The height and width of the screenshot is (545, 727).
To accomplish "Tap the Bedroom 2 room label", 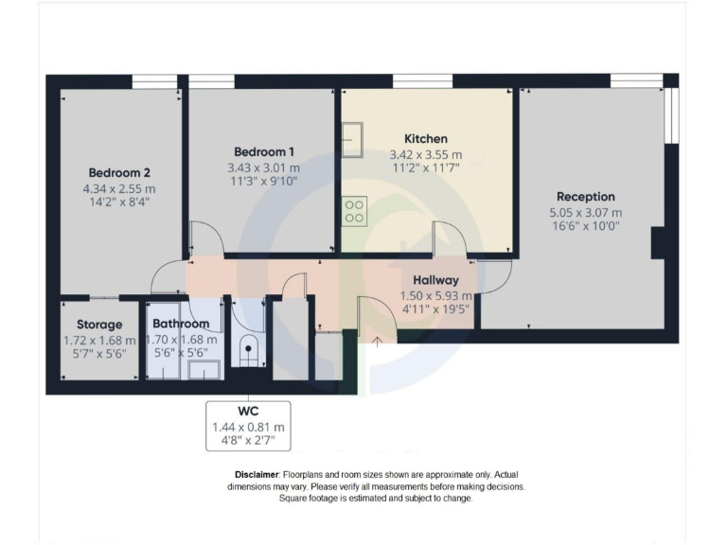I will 119,173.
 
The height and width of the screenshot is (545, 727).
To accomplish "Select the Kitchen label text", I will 425,139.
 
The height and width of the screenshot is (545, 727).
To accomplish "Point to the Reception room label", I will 586,197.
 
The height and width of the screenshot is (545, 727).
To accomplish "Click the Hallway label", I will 435,280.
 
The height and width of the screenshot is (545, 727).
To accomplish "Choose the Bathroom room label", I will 181,324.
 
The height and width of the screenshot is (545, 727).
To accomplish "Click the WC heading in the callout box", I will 248,413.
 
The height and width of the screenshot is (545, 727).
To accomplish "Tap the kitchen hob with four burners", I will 355,210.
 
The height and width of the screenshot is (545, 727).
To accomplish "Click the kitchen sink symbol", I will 356,144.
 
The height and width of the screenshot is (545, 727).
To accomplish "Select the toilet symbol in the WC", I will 248,349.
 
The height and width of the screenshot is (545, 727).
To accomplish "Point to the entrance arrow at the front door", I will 377,341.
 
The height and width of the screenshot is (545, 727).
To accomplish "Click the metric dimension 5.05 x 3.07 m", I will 586,213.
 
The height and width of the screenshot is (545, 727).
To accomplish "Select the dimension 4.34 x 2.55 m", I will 119,188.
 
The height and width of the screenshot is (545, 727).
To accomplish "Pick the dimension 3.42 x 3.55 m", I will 425,155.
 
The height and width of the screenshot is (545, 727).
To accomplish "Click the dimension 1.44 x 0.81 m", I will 248,428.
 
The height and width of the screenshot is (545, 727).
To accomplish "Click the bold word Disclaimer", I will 257,474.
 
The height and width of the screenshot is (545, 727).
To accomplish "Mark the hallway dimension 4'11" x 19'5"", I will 435,308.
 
